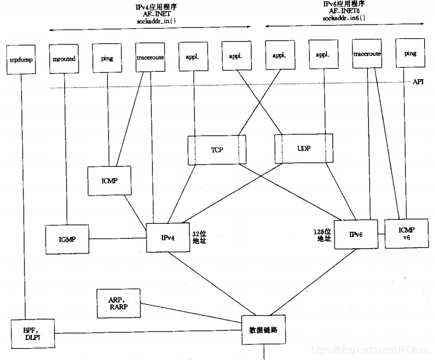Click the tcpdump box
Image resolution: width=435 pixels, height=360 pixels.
21,59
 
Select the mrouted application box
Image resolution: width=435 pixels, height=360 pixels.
64,59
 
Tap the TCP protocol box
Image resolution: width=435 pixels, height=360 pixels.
217,150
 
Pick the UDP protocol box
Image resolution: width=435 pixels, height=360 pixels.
303,148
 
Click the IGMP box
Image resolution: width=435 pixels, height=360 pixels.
67,240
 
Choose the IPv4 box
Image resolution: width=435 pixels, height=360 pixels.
168,237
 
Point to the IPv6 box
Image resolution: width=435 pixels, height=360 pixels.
357,234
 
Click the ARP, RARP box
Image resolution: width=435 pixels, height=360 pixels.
117,304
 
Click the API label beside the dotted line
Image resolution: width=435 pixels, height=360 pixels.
418,82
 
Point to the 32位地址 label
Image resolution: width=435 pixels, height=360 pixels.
200,237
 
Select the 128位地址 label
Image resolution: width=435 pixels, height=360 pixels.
323,235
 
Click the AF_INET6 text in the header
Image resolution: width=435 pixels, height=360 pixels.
344,10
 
